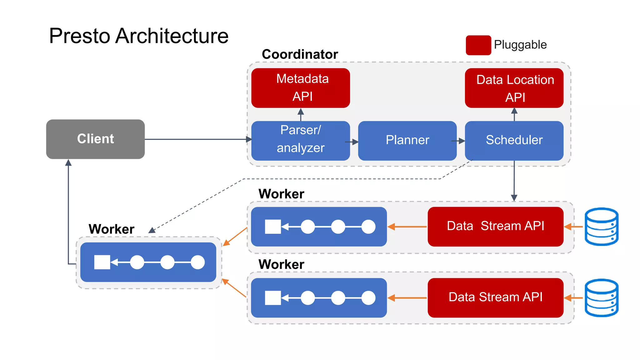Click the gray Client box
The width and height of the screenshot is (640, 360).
click(x=95, y=139)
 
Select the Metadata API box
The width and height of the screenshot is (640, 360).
click(x=300, y=88)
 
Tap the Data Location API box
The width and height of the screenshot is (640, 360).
click(x=514, y=88)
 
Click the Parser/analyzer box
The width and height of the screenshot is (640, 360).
click(x=300, y=141)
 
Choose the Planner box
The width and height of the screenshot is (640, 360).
click(x=407, y=141)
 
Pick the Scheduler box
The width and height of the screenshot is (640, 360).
click(x=514, y=141)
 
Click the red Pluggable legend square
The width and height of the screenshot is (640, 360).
click(x=478, y=45)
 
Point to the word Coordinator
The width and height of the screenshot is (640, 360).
click(x=300, y=54)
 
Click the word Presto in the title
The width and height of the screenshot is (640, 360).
click(x=80, y=36)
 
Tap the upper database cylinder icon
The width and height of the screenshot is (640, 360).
click(x=601, y=227)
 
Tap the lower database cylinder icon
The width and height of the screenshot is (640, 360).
click(x=601, y=298)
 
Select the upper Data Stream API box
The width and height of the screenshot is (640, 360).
click(x=495, y=226)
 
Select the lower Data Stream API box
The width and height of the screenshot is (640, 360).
click(x=495, y=297)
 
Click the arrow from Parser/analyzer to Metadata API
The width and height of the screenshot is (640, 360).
click(x=301, y=114)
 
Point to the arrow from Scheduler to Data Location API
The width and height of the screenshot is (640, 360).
click(x=514, y=114)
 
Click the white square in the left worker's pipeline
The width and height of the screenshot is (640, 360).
click(x=102, y=262)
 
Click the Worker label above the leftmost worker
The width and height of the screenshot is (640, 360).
click(x=111, y=229)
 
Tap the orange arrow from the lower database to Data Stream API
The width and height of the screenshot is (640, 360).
click(x=573, y=298)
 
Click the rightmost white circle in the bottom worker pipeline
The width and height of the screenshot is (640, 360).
click(x=368, y=298)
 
